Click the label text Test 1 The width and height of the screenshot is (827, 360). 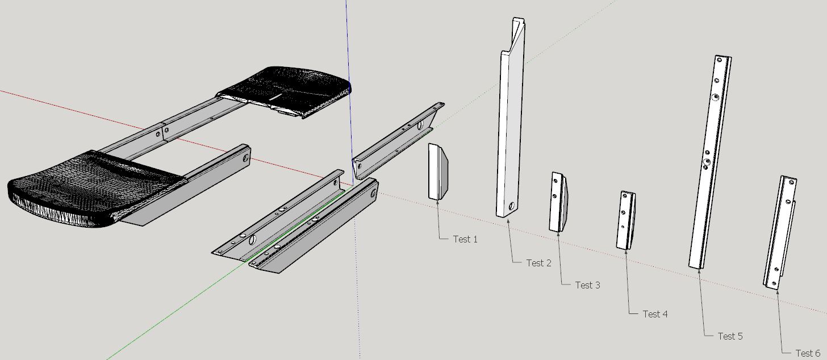465,239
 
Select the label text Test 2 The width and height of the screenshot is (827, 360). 538,263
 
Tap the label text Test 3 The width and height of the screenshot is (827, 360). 587,285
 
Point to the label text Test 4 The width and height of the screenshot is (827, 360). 655,314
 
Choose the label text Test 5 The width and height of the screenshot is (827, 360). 730,336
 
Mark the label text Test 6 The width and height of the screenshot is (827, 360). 808,353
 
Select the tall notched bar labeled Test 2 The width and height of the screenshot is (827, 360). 509,131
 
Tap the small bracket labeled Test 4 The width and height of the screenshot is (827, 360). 625,221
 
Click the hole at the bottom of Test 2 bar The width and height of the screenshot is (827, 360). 512,206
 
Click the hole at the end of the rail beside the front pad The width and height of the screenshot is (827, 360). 246,154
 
